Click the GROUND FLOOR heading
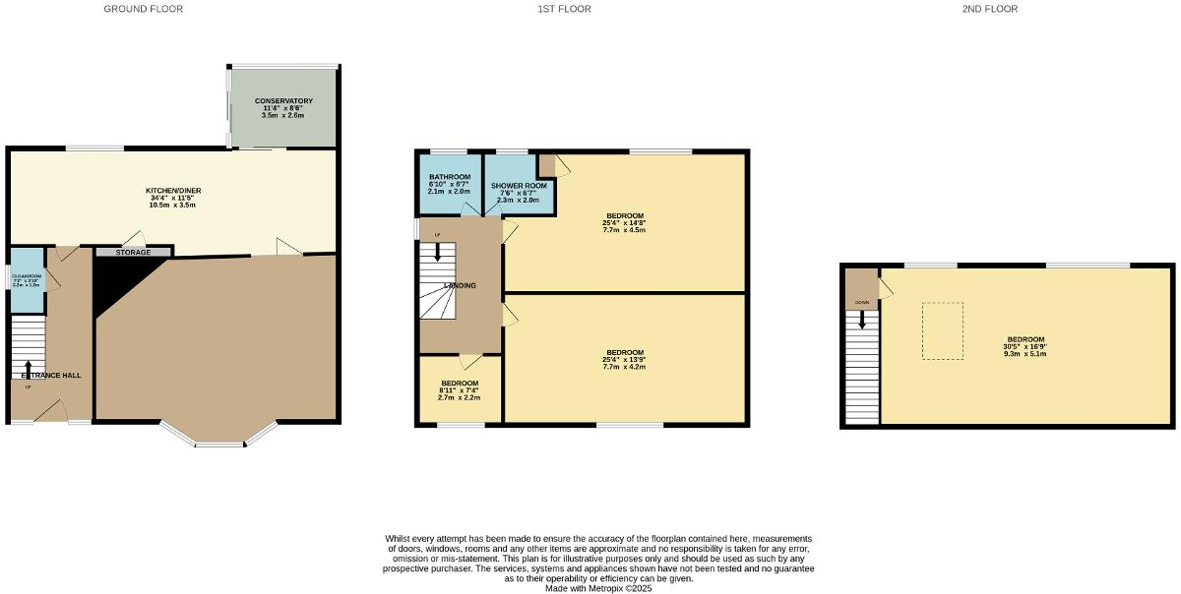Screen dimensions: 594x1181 pyautogui.click(x=143, y=9)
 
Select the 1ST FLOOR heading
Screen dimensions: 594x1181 pyautogui.click(x=564, y=9)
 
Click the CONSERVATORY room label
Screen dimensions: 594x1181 pyautogui.click(x=283, y=101)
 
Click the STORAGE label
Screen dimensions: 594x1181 pyautogui.click(x=133, y=253)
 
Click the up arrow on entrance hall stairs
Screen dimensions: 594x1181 pyautogui.click(x=28, y=369)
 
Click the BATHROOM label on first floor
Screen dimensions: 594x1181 pyautogui.click(x=450, y=177)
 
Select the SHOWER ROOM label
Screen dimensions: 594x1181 pyautogui.click(x=519, y=185)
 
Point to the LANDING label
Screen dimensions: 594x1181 pyautogui.click(x=460, y=286)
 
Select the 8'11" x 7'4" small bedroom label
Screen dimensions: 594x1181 pyautogui.click(x=460, y=389)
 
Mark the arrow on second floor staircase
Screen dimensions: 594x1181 pyautogui.click(x=862, y=320)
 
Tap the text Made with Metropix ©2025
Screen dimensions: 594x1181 pyautogui.click(x=598, y=588)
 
